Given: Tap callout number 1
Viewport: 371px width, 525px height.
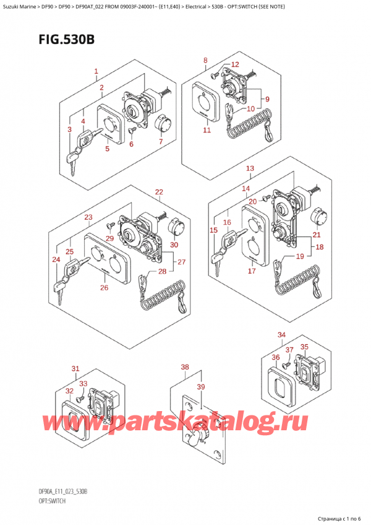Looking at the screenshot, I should point(96,72).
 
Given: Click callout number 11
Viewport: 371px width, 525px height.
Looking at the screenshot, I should point(207,130).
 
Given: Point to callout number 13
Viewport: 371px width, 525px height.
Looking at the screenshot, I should point(249,169).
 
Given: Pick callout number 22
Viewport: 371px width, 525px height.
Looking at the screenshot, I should point(159,192).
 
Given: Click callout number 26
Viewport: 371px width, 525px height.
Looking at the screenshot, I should point(103,287).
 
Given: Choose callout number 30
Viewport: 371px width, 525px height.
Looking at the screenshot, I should point(174,245).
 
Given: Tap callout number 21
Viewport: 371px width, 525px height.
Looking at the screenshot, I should point(317,235).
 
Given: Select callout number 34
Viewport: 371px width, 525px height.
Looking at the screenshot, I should point(282,335).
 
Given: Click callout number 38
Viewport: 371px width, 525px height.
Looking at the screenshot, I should point(184,367).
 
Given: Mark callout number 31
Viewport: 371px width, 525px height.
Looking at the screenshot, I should point(75,370).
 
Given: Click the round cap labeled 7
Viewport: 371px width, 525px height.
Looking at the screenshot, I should point(162,123).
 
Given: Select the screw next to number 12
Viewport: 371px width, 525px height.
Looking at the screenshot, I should point(213,76).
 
